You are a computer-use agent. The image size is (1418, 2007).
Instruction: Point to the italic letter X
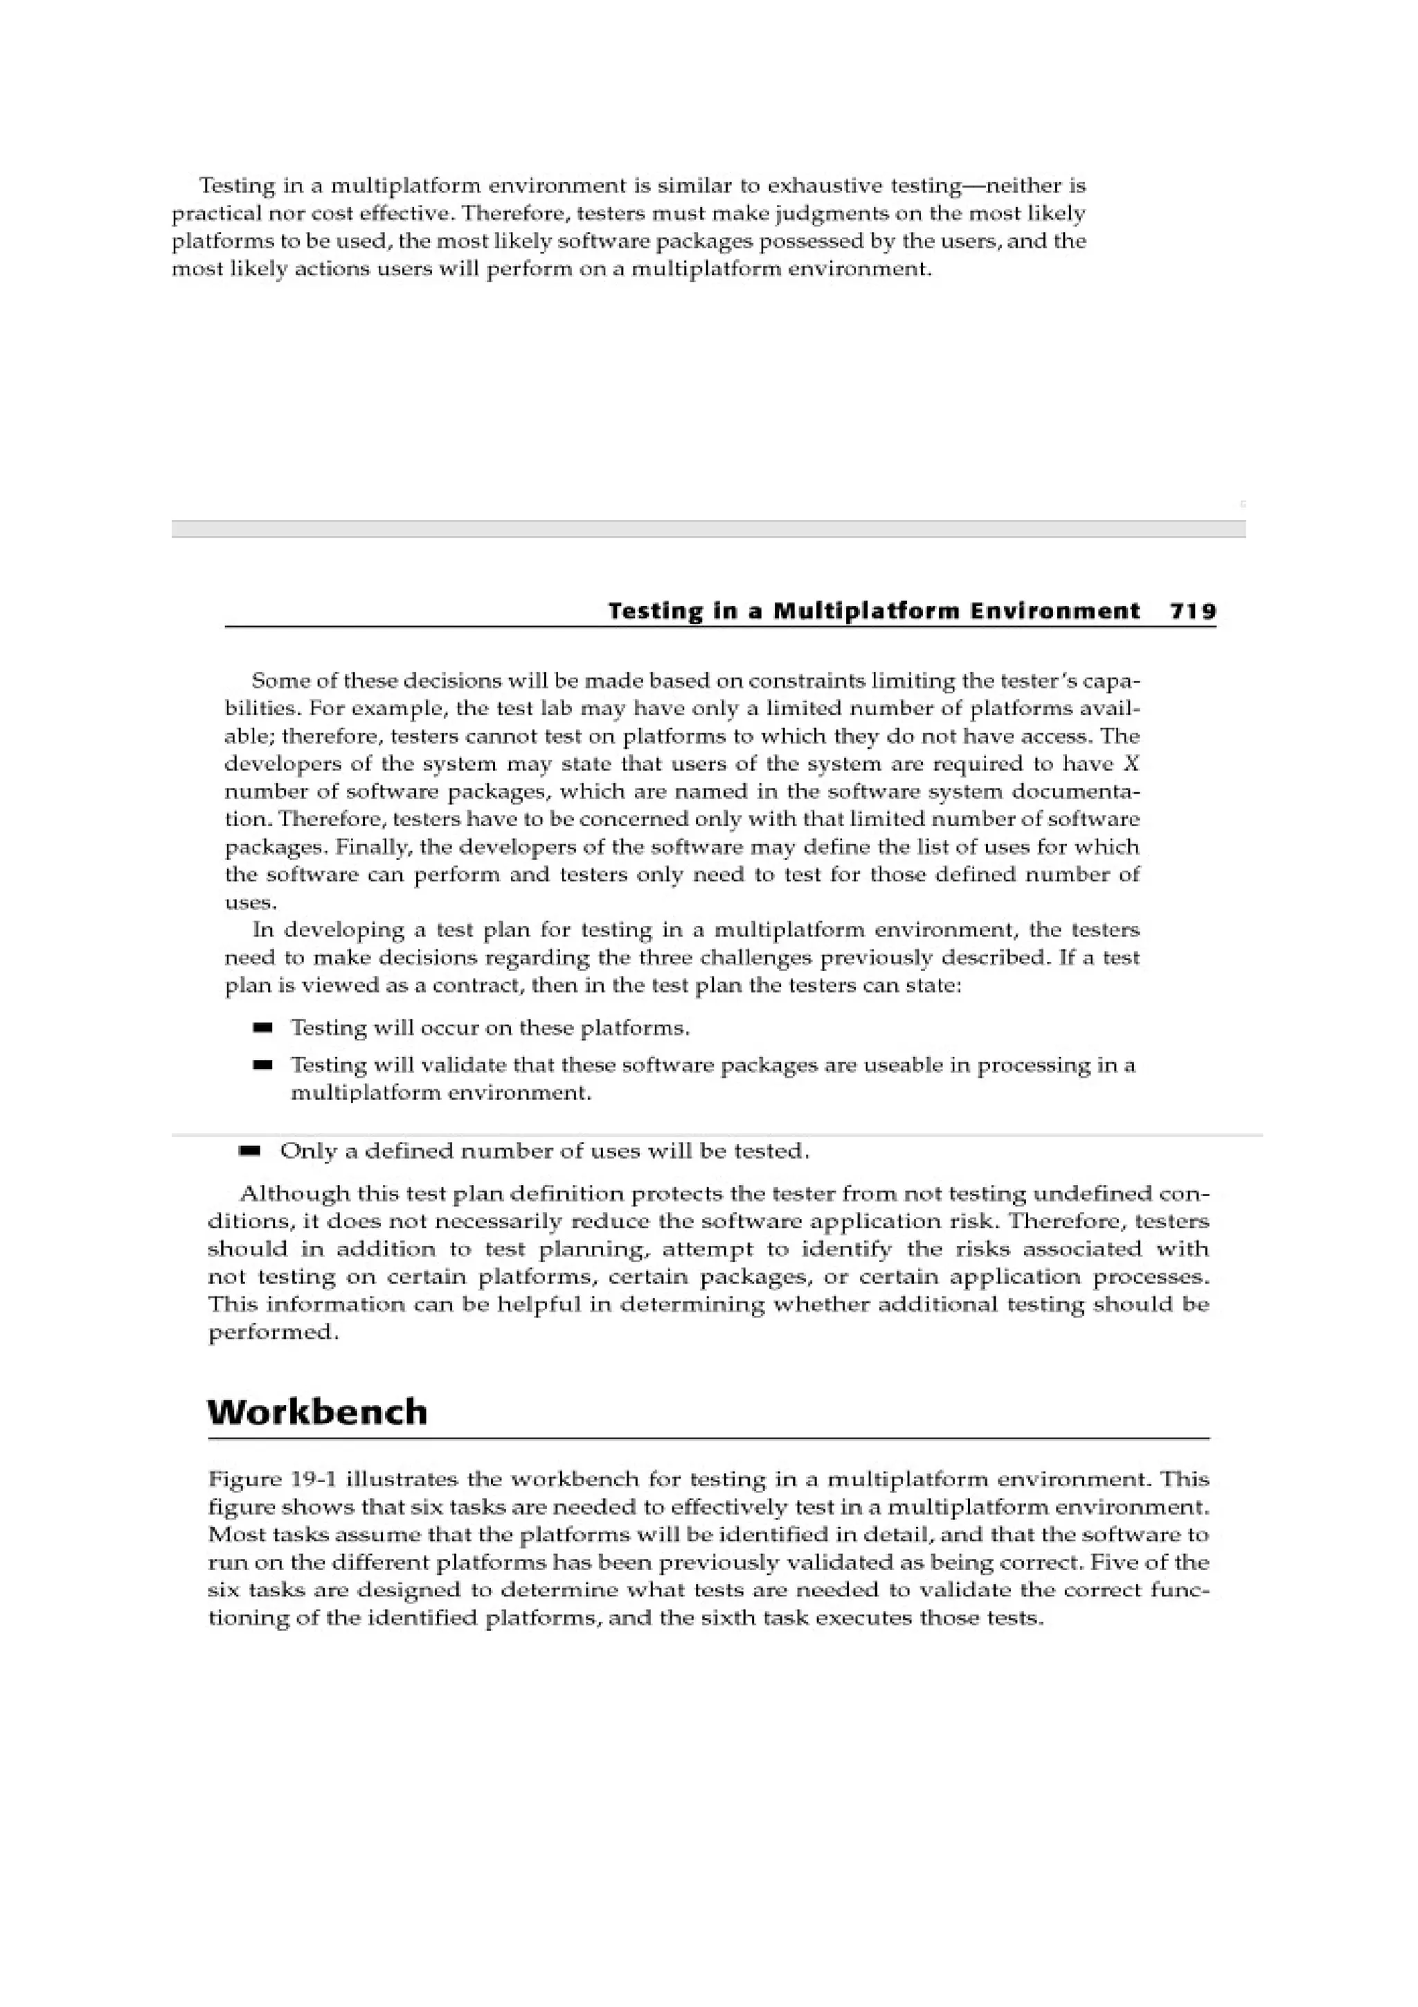pyautogui.click(x=1131, y=764)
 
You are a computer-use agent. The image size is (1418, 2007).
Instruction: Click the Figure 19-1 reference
pyautogui.click(x=273, y=1480)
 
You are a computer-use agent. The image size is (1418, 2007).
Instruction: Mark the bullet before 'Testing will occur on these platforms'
pyautogui.click(x=262, y=1028)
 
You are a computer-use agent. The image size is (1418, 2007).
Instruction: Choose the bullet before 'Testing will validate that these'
pyautogui.click(x=262, y=1066)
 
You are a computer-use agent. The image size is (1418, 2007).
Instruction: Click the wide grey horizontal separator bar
pyautogui.click(x=708, y=529)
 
